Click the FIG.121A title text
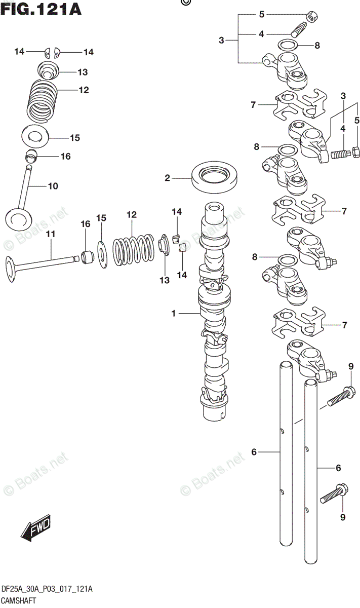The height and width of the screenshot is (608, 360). pyautogui.click(x=42, y=9)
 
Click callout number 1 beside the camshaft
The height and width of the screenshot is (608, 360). pyautogui.click(x=173, y=314)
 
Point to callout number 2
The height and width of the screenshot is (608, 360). pyautogui.click(x=167, y=178)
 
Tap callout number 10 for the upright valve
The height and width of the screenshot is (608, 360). pyautogui.click(x=53, y=186)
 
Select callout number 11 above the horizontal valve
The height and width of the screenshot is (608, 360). pyautogui.click(x=51, y=234)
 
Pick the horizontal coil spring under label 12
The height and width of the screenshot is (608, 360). pyautogui.click(x=133, y=248)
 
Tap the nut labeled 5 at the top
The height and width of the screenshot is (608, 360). pyautogui.click(x=313, y=16)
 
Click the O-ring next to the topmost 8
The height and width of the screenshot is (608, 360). pyautogui.click(x=288, y=45)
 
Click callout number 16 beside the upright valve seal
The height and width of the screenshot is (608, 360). pyautogui.click(x=65, y=157)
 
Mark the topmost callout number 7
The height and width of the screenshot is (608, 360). pyautogui.click(x=253, y=105)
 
